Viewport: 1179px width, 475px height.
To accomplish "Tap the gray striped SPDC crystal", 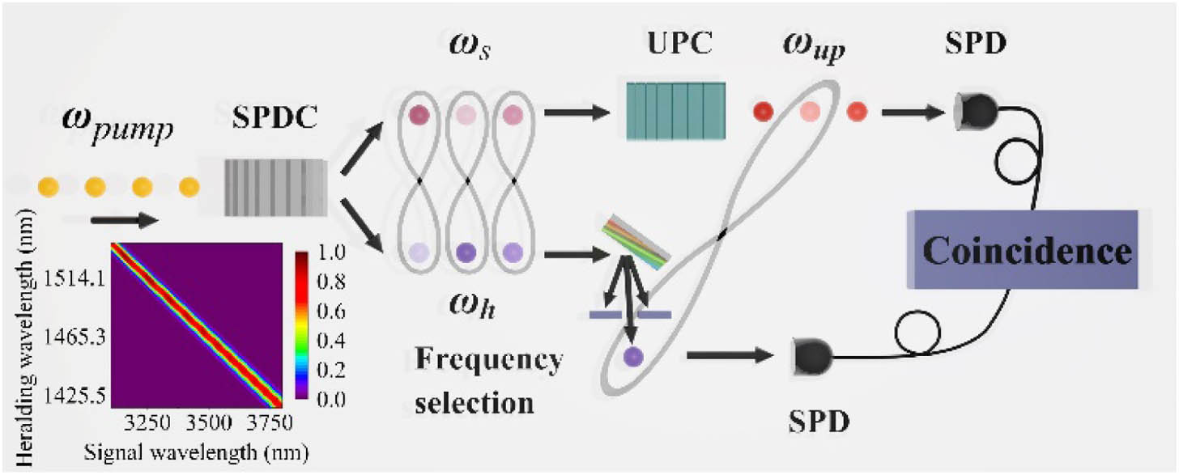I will (x=275, y=188).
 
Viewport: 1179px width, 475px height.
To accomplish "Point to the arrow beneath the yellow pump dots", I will (x=121, y=218).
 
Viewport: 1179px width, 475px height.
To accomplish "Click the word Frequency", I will (x=489, y=360).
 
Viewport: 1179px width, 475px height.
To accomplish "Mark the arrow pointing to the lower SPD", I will (x=726, y=354).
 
